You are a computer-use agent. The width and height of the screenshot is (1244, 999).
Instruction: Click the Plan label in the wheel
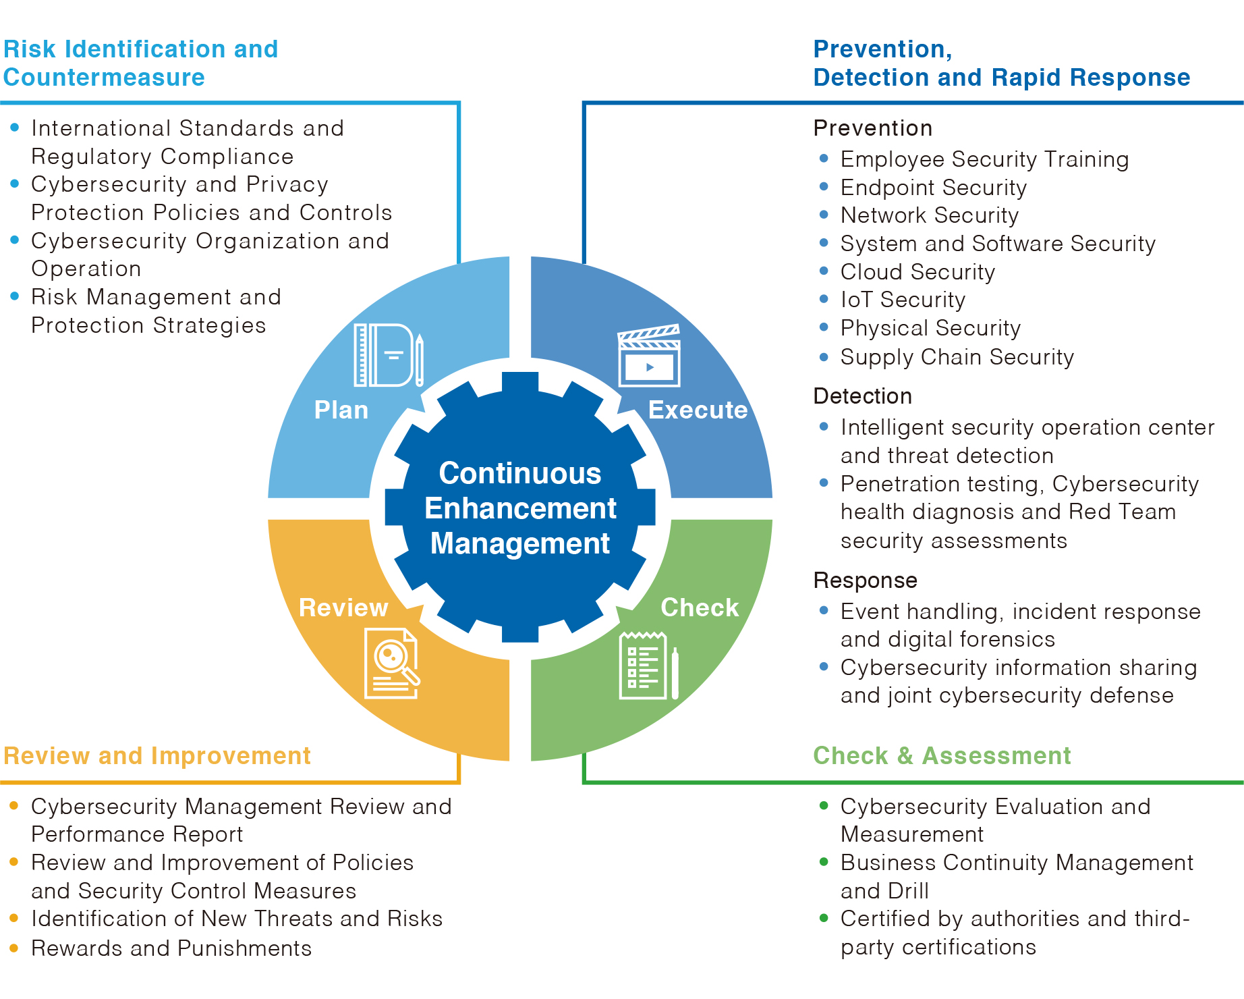(341, 410)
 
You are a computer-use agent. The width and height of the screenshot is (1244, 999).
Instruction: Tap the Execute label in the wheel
(698, 410)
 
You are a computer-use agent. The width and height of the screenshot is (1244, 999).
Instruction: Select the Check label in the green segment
(700, 607)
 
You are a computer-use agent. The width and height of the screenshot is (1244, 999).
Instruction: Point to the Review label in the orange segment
(343, 607)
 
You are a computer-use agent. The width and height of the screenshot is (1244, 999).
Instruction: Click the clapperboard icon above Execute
(649, 356)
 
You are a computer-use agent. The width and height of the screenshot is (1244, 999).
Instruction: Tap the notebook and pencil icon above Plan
(389, 355)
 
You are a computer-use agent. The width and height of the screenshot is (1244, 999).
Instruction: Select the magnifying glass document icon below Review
(392, 664)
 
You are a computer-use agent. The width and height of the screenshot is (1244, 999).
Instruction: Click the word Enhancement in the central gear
(520, 508)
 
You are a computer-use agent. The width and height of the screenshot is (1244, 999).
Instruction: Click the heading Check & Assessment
(942, 755)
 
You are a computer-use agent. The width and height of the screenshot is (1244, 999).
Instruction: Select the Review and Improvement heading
(157, 756)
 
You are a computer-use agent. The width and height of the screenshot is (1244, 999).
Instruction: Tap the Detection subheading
(863, 396)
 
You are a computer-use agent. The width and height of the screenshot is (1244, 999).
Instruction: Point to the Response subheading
(866, 580)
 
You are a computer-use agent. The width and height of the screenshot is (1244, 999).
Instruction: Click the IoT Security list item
(903, 300)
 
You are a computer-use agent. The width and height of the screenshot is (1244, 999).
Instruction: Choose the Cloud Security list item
(917, 272)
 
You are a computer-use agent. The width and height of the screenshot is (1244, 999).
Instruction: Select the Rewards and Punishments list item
(171, 948)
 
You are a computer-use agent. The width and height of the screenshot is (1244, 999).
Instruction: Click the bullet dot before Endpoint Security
(824, 186)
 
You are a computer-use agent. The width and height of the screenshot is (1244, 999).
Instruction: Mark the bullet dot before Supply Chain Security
(824, 356)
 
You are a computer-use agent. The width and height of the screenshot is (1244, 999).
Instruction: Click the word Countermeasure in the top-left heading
(104, 78)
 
